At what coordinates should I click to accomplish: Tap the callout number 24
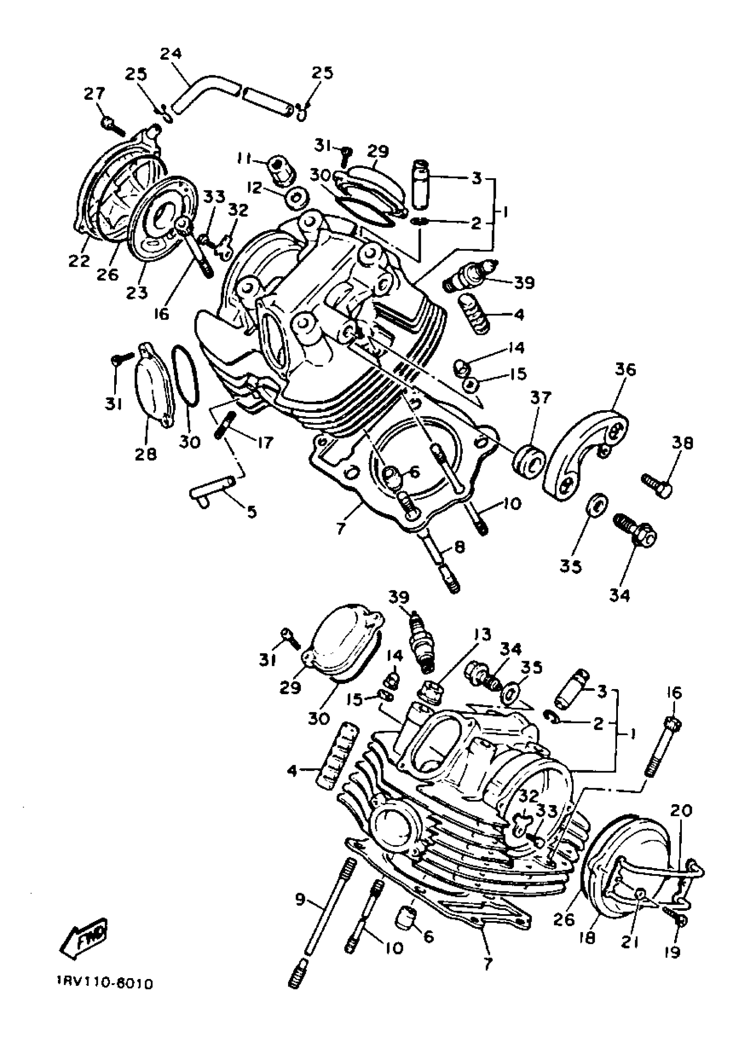171,53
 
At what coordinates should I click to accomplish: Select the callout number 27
94,94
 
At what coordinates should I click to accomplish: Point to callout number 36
625,369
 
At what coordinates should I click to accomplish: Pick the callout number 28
146,454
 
